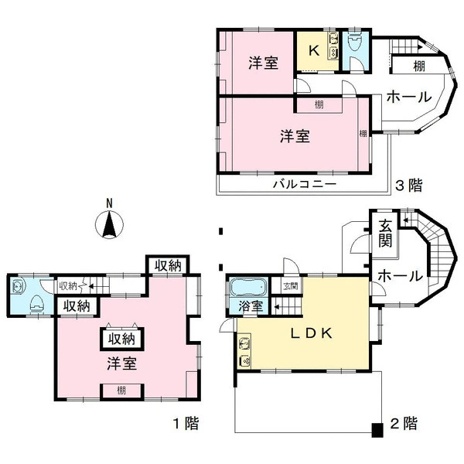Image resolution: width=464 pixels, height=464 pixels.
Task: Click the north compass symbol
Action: coord(109,224)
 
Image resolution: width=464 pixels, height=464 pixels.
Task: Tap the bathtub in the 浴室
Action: coord(248,286)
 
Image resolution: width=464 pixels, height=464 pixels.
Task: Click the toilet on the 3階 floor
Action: coord(355,43)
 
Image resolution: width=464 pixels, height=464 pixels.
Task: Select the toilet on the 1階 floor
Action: coord(37,304)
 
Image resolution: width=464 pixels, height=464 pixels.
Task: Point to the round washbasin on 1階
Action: coord(18,286)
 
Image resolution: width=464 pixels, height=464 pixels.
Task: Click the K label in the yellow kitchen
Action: coord(314,50)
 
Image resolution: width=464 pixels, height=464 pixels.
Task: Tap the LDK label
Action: coord(312,333)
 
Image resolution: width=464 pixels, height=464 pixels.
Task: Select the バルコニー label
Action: coord(305,184)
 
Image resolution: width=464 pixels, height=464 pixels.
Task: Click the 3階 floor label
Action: coord(408,186)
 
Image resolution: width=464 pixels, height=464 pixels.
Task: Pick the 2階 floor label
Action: coord(404,423)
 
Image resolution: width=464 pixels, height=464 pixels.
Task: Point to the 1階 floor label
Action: coord(186,423)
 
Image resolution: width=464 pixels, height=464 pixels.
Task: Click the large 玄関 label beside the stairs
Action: coord(385,234)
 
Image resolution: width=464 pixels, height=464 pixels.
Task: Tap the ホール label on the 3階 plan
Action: coord(409,97)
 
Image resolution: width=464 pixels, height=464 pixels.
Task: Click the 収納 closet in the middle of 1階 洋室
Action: coord(122,339)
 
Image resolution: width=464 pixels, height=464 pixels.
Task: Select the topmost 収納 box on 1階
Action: coord(168,265)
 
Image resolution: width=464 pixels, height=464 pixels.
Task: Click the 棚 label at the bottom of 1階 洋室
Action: coord(121,391)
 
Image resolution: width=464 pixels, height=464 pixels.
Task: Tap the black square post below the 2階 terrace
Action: coord(377,430)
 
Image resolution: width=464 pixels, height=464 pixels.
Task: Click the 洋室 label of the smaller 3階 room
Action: coord(264,63)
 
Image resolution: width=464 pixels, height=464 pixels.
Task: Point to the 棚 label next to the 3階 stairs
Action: coord(419,66)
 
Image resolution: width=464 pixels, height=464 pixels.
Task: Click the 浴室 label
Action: coord(251,306)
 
